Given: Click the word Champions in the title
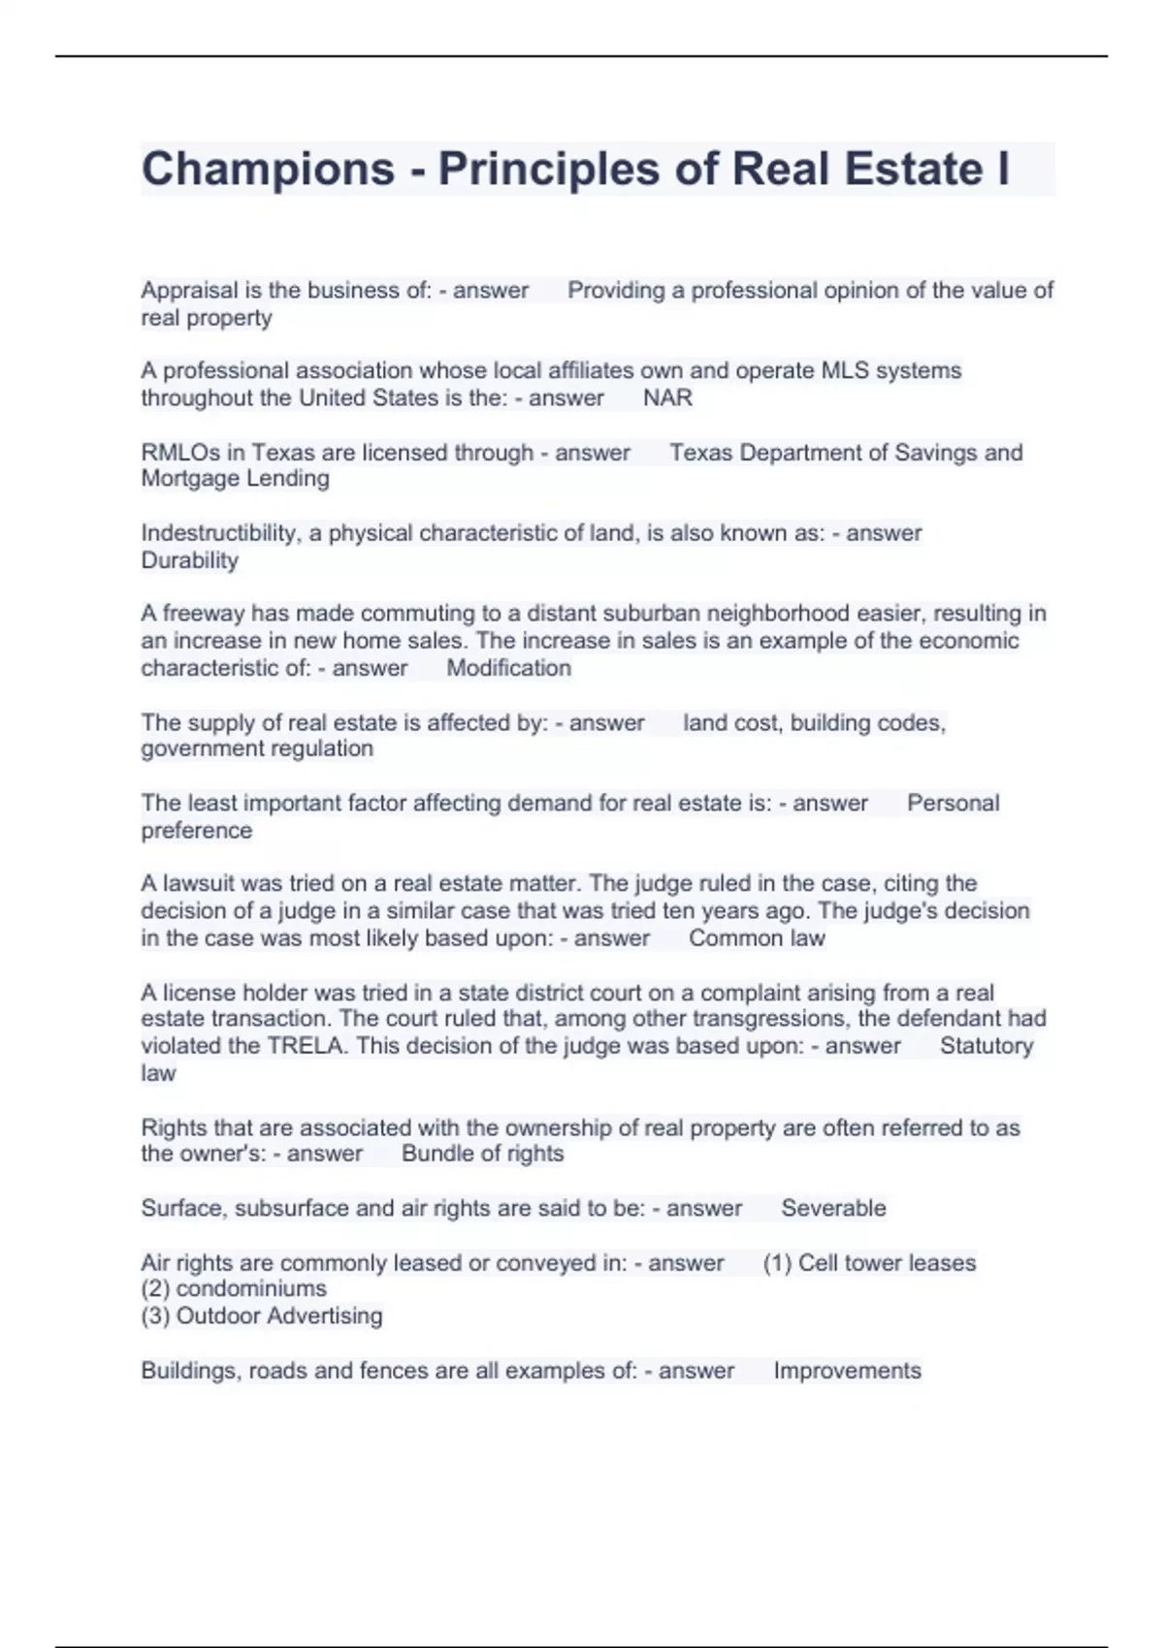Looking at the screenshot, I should (x=268, y=170).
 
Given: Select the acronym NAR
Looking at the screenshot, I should (x=667, y=398).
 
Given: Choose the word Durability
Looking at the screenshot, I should (x=189, y=560).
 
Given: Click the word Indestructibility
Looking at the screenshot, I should (x=219, y=533).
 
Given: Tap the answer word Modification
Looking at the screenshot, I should (x=508, y=668).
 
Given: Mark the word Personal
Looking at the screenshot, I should (x=953, y=803).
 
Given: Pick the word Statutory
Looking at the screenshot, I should (x=986, y=1046).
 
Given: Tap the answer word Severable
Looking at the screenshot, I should (x=833, y=1208).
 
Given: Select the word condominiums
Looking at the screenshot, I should (x=251, y=1288).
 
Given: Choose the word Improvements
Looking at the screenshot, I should (x=847, y=1371).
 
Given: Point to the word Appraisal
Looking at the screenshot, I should (x=189, y=290).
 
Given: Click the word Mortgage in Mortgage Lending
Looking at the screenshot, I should (x=190, y=479).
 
